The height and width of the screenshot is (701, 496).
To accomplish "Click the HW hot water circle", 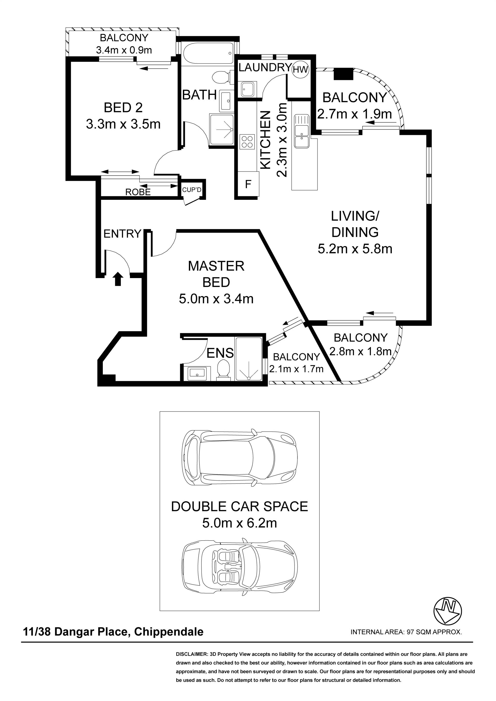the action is pyautogui.click(x=301, y=69).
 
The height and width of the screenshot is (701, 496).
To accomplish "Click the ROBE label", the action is pyautogui.click(x=138, y=192).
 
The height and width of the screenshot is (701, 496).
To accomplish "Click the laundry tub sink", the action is pyautogui.click(x=248, y=89).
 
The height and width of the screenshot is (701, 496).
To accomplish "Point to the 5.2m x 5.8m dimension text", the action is pyautogui.click(x=355, y=249).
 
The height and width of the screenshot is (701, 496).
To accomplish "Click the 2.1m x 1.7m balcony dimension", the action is pyautogui.click(x=296, y=369).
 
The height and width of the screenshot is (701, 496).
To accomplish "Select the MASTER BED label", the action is pyautogui.click(x=216, y=274).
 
